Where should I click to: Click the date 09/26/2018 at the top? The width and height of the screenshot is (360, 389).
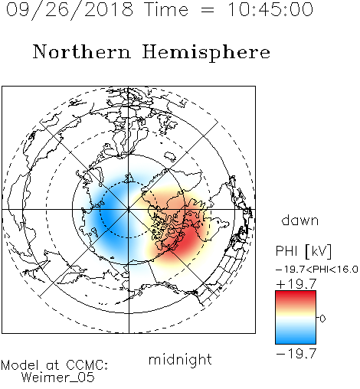[70, 10]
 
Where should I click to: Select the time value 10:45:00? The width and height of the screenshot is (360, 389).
[270, 9]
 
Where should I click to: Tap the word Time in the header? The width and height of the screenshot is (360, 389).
[166, 9]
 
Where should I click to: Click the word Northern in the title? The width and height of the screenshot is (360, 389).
[82, 51]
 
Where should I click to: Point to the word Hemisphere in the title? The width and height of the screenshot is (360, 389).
[206, 53]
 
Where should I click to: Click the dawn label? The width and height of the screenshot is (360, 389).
[300, 220]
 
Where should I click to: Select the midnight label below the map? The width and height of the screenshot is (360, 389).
[180, 360]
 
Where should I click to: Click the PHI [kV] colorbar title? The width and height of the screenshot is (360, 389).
[303, 251]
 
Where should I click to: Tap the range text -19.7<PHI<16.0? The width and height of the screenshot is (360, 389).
[317, 270]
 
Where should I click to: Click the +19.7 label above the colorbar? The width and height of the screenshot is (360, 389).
[296, 284]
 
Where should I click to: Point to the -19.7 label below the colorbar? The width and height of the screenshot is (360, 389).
[296, 354]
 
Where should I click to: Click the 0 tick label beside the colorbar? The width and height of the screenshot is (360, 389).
[322, 319]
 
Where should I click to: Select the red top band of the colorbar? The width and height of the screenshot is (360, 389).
[296, 296]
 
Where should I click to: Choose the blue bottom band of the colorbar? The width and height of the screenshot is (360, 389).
[296, 338]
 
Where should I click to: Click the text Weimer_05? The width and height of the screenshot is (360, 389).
[58, 378]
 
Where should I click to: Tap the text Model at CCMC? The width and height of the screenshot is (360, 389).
[54, 365]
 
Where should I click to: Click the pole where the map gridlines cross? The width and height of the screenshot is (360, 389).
[129, 210]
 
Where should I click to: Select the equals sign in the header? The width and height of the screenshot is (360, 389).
[208, 11]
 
